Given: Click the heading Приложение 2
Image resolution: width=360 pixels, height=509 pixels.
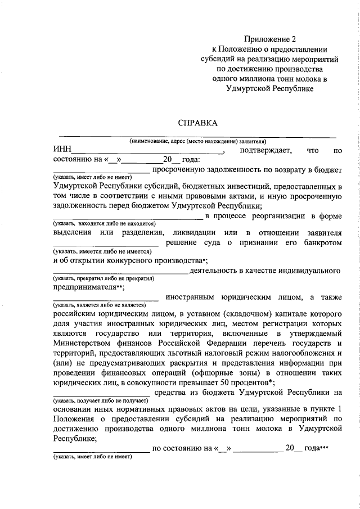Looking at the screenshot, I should coord(269,39).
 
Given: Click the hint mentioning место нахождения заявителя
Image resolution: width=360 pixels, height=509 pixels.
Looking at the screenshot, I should coord(197,141).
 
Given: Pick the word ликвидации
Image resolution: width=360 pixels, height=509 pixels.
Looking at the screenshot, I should coord(191,233).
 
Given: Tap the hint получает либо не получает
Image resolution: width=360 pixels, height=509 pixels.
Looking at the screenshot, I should coord(101,400).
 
